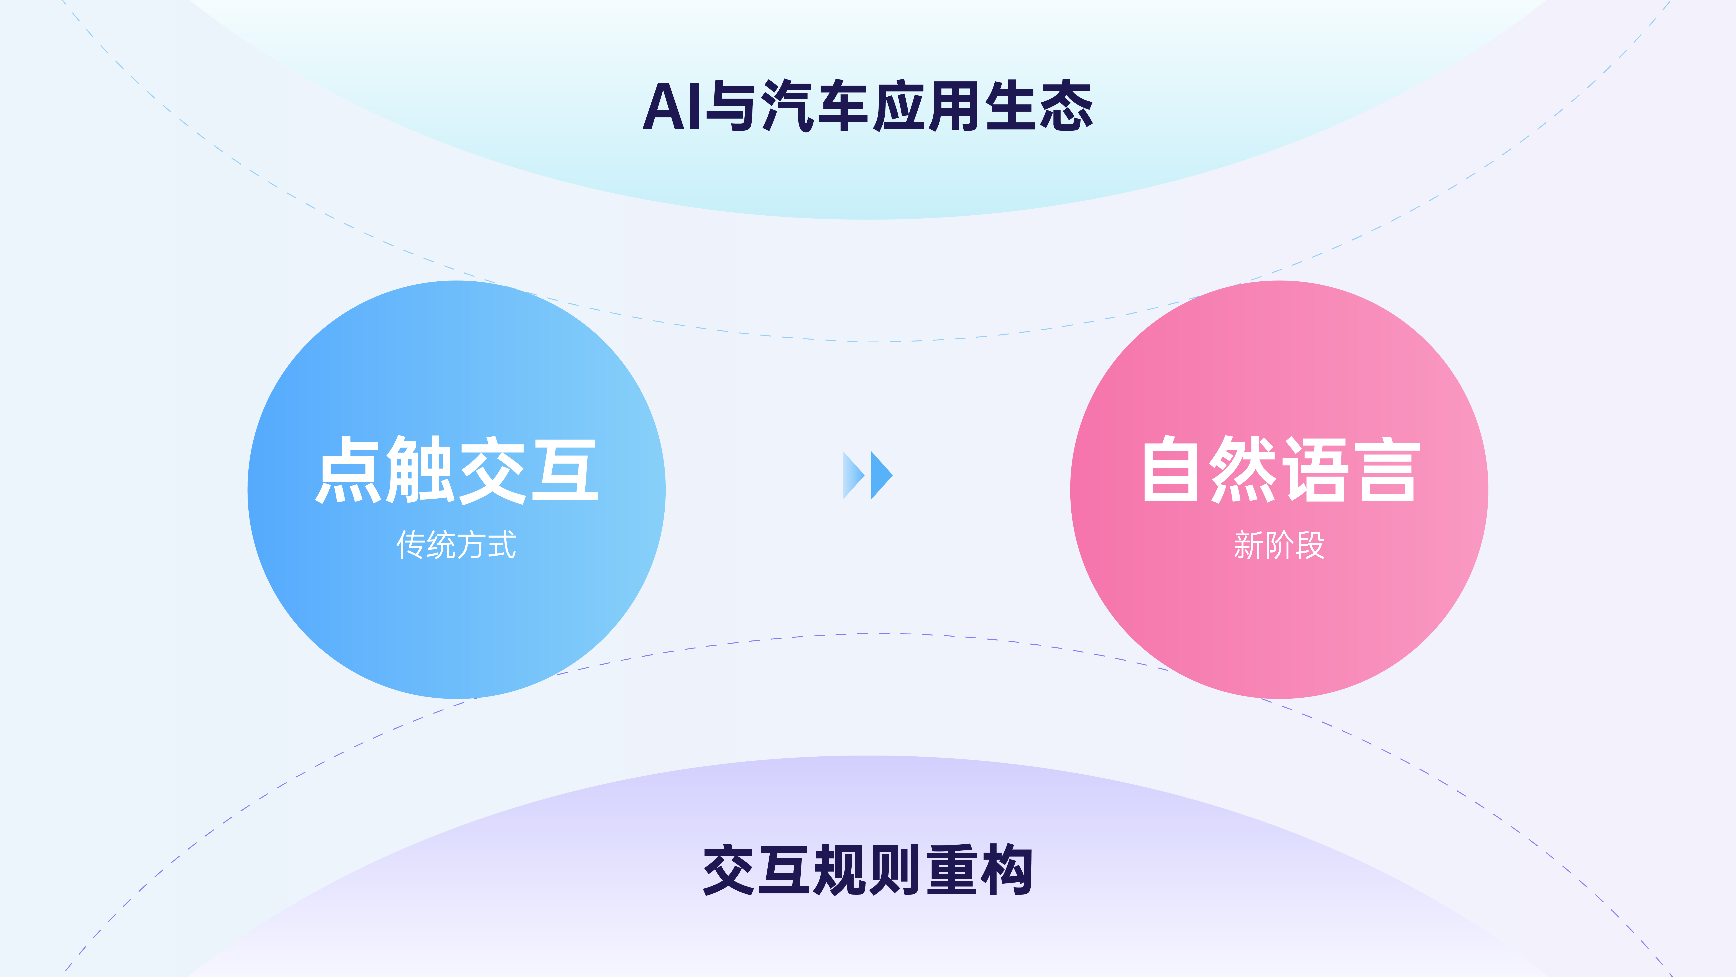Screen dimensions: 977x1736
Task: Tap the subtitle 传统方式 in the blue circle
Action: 456,545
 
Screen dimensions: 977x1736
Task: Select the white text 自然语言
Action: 1280,470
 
